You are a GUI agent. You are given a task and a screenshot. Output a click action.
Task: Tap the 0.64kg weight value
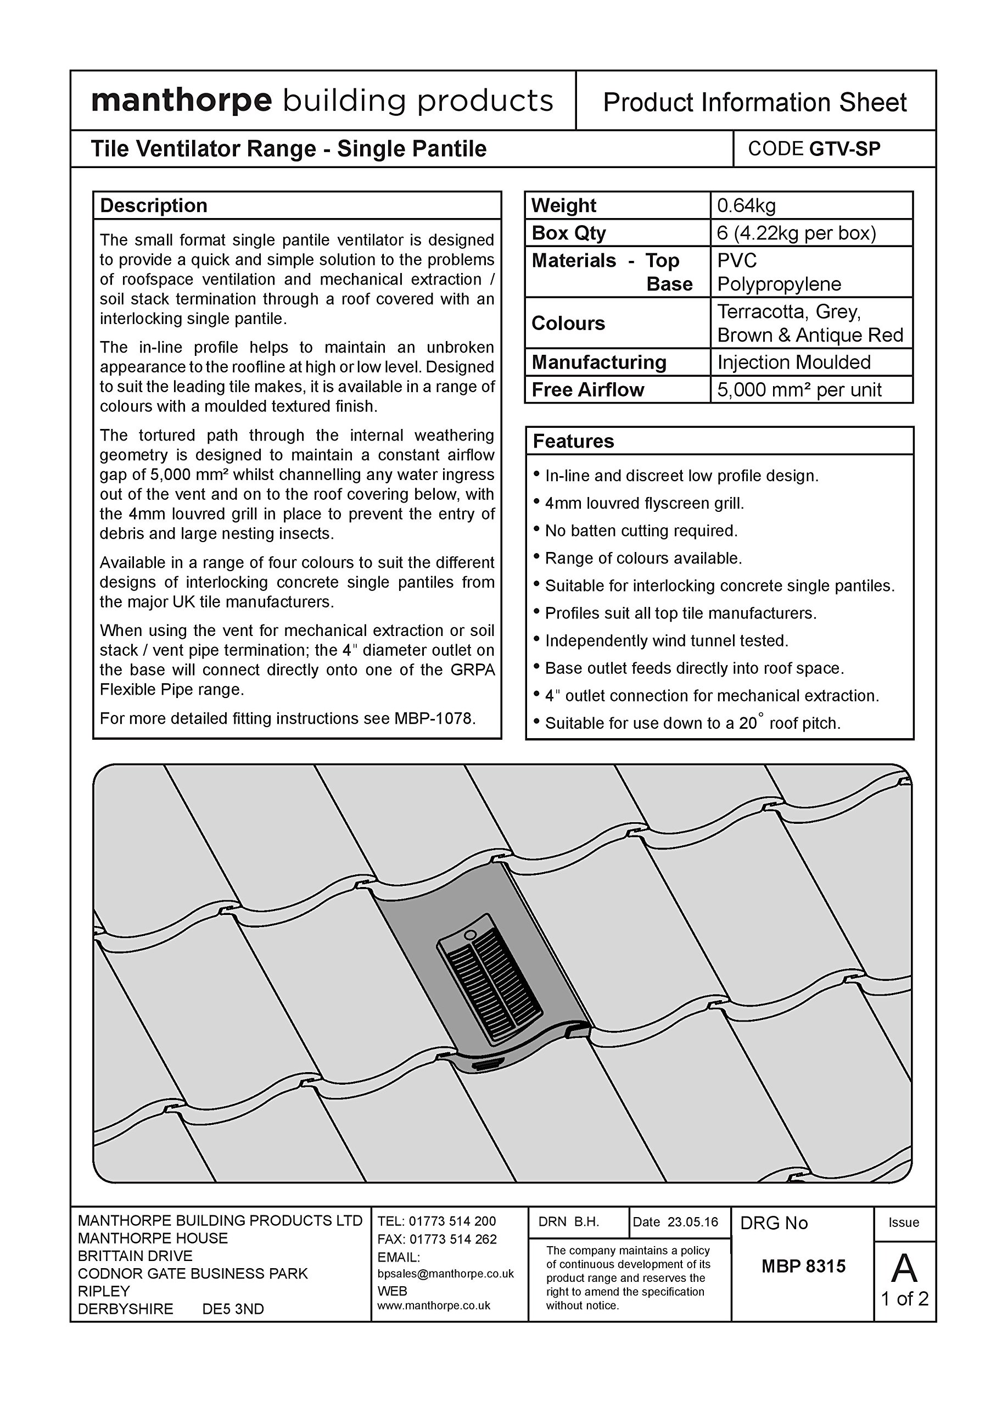[746, 205]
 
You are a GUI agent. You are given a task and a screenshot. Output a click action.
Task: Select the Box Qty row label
[568, 233]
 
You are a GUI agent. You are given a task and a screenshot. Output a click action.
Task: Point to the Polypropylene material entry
[779, 284]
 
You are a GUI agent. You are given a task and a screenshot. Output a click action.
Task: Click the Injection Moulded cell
[793, 362]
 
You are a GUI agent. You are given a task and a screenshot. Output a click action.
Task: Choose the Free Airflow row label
[587, 390]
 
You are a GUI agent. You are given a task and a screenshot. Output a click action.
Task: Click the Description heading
[154, 205]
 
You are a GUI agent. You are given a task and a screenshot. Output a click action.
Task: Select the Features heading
[573, 442]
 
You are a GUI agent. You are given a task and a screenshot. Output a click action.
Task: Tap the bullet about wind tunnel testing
[667, 640]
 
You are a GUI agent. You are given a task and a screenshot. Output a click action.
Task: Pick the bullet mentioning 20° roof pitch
[692, 723]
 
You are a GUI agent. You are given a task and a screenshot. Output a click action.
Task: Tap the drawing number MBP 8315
[803, 1266]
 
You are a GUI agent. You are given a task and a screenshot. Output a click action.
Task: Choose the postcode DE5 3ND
[233, 1309]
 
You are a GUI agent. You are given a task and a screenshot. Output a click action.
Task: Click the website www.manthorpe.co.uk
[434, 1305]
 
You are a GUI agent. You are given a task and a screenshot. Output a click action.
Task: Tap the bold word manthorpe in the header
[181, 101]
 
